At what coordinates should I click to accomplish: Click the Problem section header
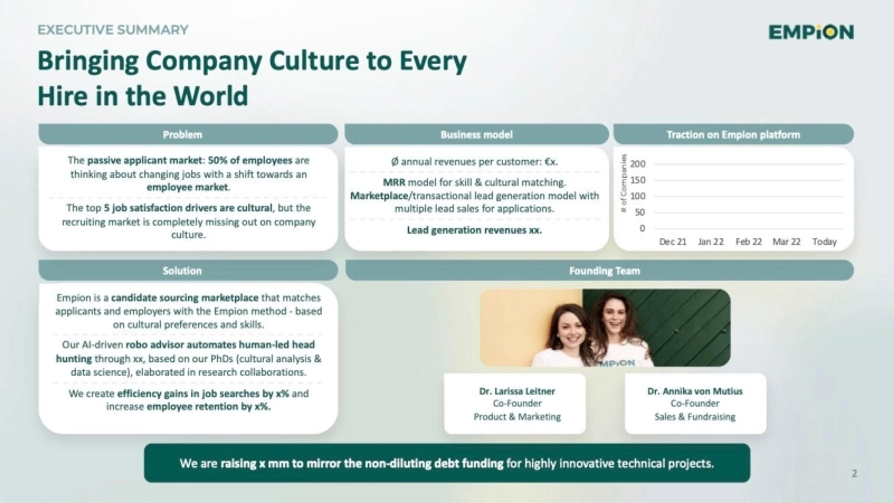pyautogui.click(x=183, y=134)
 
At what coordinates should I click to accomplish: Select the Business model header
pyautogui.click(x=477, y=134)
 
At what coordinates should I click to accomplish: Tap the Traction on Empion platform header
pyautogui.click(x=733, y=134)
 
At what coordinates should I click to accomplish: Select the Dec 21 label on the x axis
pyautogui.click(x=673, y=242)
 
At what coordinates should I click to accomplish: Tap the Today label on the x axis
pyautogui.click(x=825, y=242)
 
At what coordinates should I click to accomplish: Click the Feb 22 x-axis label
pyautogui.click(x=748, y=242)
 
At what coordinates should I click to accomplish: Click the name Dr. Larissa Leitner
pyautogui.click(x=517, y=391)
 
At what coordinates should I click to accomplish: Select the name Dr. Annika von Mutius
pyautogui.click(x=695, y=391)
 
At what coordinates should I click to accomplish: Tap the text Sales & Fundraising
pyautogui.click(x=695, y=417)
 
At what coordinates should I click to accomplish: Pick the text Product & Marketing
pyautogui.click(x=517, y=417)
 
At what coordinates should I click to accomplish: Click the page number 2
pyautogui.click(x=854, y=473)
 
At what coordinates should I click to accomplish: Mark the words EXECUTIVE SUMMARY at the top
pyautogui.click(x=113, y=30)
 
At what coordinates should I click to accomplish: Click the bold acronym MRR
pyautogui.click(x=394, y=182)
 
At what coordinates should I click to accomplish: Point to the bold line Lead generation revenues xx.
pyautogui.click(x=474, y=230)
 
